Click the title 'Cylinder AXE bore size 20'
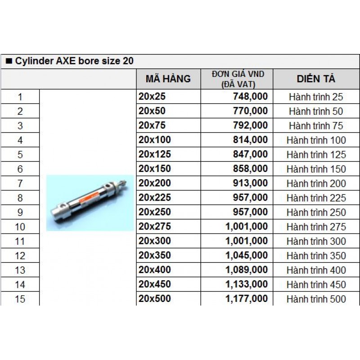[74, 62]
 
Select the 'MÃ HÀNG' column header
[168, 79]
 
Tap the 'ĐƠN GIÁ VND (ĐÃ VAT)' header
[237, 79]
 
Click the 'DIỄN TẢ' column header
[316, 79]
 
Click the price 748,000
[251, 96]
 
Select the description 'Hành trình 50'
[316, 111]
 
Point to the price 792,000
[251, 126]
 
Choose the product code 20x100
[155, 140]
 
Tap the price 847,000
[251, 154]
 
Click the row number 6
[20, 169]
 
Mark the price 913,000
[251, 184]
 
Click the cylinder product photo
[90, 202]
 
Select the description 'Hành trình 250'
[316, 212]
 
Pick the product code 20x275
[155, 227]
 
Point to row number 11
[20, 241]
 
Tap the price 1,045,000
[247, 256]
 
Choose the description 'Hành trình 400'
[316, 270]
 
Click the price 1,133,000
[247, 284]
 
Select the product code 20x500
[155, 299]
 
